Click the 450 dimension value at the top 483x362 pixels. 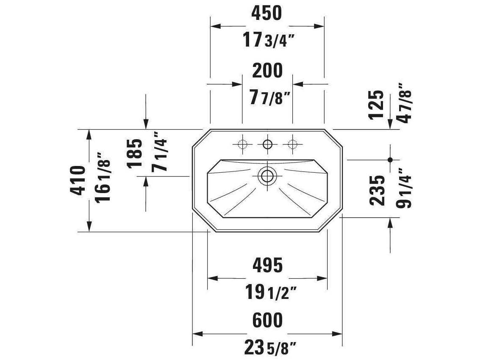click(x=266, y=14)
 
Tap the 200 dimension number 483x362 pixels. click(x=267, y=71)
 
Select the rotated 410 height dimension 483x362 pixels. click(x=78, y=180)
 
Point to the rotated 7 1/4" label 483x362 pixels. click(x=160, y=152)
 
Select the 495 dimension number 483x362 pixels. click(x=267, y=265)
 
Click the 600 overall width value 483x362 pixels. click(x=267, y=320)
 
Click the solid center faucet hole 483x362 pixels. click(x=267, y=144)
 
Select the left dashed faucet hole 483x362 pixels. click(x=242, y=144)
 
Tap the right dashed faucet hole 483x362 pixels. click(x=292, y=144)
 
